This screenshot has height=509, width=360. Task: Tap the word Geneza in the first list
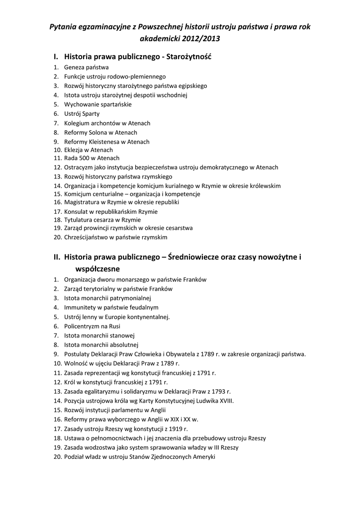tap(74, 67)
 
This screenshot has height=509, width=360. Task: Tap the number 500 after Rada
tap(85, 159)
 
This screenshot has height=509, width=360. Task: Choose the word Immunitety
tap(80, 308)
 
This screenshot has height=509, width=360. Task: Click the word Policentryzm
tap(82, 326)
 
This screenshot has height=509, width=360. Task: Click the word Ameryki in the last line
tap(203, 457)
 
